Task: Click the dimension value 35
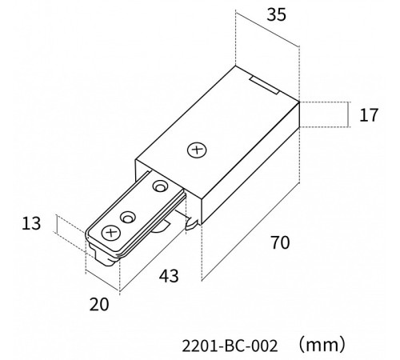point(276,15)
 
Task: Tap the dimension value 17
point(369,115)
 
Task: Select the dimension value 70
point(280,242)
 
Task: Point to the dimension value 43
point(169,276)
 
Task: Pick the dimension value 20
point(99,305)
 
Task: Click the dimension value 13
point(31,223)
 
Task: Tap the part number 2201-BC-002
point(230,346)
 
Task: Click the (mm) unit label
point(322,345)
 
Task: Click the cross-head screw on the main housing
point(197,150)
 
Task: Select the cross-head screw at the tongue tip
point(110,234)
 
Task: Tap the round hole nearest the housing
point(160,186)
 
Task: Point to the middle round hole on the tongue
point(128,218)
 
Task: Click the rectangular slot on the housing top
point(265,85)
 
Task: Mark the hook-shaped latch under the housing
point(192,223)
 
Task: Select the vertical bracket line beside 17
point(348,114)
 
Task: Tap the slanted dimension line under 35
point(267,29)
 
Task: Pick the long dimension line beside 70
point(250,232)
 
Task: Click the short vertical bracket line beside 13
point(57,224)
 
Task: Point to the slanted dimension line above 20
point(102,281)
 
